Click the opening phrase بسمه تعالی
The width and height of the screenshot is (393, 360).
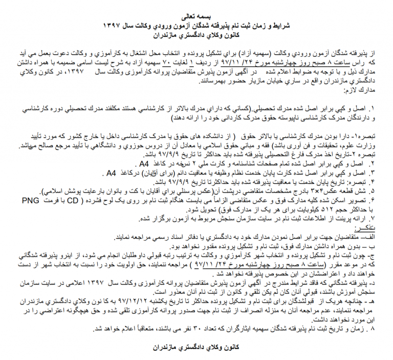click(x=196, y=16)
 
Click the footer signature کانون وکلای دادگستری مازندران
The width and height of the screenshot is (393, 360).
click(x=195, y=348)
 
